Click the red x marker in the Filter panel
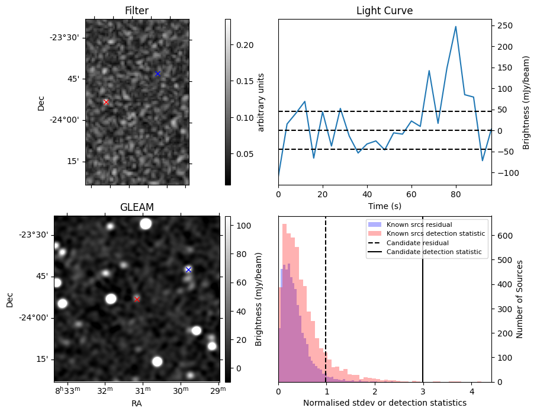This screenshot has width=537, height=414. click(x=106, y=102)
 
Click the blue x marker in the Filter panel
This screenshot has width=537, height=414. click(x=157, y=74)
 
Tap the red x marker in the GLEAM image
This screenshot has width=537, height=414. click(x=137, y=299)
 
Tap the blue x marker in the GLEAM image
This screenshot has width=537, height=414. click(x=188, y=269)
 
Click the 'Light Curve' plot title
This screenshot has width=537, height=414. click(x=384, y=11)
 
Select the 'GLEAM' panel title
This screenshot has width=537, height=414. click(x=137, y=207)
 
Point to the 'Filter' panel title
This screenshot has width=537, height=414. click(x=137, y=11)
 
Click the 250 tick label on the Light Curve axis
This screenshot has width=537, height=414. click(x=504, y=25)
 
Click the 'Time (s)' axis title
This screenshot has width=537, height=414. click(x=384, y=204)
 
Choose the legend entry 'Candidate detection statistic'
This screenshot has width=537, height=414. click(x=433, y=252)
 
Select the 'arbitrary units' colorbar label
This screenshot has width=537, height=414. click(x=261, y=102)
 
